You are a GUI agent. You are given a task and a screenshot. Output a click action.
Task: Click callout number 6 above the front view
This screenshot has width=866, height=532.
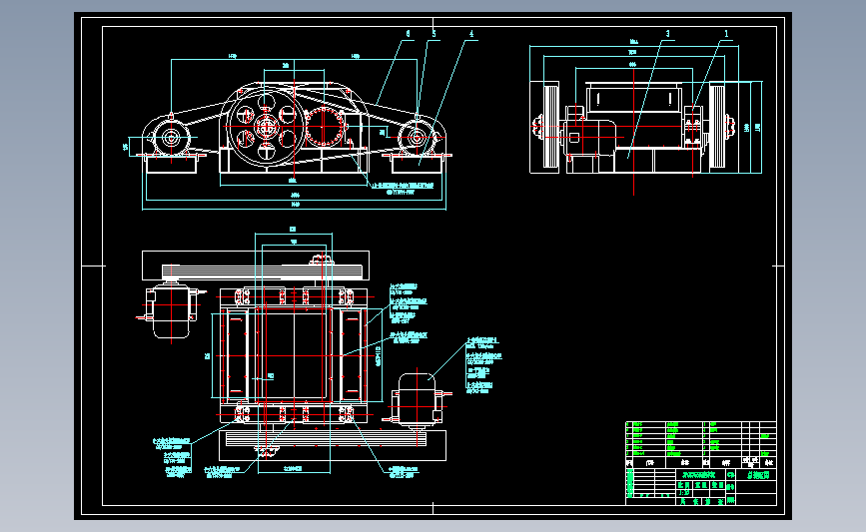pos(408,33)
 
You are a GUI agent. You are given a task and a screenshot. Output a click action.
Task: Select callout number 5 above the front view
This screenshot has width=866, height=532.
pos(434,33)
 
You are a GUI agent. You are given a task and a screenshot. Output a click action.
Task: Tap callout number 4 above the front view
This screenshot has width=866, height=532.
pos(470,33)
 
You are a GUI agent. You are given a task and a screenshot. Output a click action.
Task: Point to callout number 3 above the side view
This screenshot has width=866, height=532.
pos(666,33)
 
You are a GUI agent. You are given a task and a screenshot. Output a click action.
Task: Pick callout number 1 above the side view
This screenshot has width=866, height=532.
pos(726,33)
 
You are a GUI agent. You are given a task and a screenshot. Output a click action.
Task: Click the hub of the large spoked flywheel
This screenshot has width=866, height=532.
pos(267,126)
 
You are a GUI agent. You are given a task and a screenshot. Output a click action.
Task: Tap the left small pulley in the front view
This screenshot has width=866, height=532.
pos(168,139)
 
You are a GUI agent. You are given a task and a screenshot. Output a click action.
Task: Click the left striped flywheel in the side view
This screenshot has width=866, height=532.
pos(548,129)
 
